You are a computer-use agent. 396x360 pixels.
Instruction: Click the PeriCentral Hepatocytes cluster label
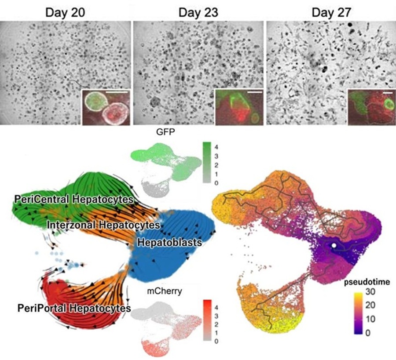(73, 199)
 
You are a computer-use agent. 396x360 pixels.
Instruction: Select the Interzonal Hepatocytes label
(103, 224)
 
